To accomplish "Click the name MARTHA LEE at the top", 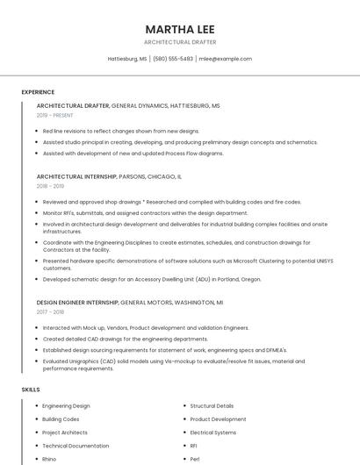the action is pyautogui.click(x=179, y=28).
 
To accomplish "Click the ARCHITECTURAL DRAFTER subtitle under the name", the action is pyautogui.click(x=179, y=42).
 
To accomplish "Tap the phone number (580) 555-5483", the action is pyautogui.click(x=173, y=59).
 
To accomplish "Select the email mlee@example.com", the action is pyautogui.click(x=226, y=59).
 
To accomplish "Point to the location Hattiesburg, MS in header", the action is pyautogui.click(x=127, y=59).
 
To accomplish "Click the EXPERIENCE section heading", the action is pyautogui.click(x=38, y=92).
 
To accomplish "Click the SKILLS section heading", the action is pyautogui.click(x=31, y=389).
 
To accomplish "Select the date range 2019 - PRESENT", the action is pyautogui.click(x=54, y=115).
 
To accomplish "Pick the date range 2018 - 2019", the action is pyautogui.click(x=50, y=186).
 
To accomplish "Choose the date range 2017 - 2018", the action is pyautogui.click(x=50, y=311).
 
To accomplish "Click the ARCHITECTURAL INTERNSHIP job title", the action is pyautogui.click(x=76, y=176).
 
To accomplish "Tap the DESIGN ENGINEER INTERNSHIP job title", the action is pyautogui.click(x=77, y=302).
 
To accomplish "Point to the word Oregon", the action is pyautogui.click(x=251, y=279).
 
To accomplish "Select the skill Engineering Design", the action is pyautogui.click(x=66, y=406).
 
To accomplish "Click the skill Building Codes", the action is pyautogui.click(x=61, y=419).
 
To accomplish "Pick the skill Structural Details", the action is pyautogui.click(x=212, y=406).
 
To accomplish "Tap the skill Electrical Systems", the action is pyautogui.click(x=213, y=433).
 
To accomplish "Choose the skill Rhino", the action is pyautogui.click(x=49, y=459).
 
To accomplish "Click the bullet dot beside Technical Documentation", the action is pyautogui.click(x=34, y=446).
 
